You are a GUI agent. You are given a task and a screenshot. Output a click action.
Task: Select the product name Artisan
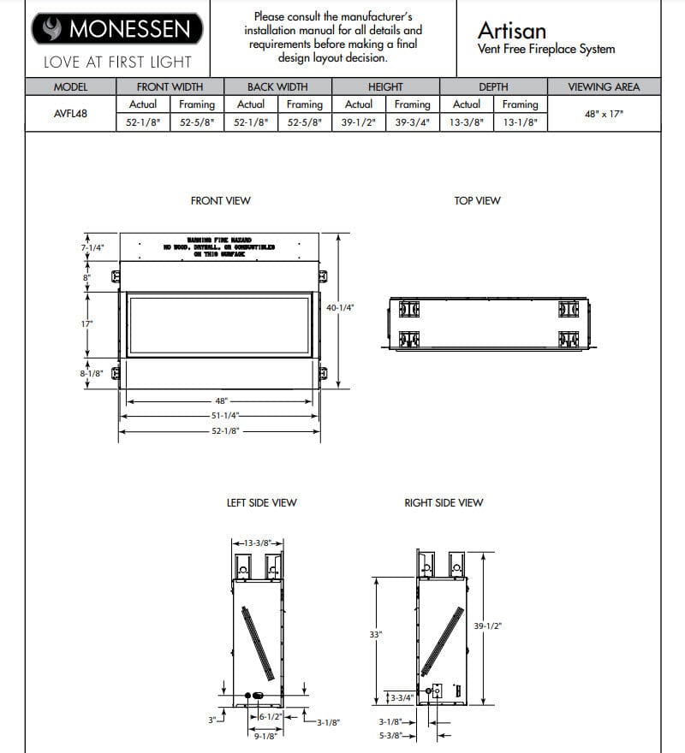click(512, 30)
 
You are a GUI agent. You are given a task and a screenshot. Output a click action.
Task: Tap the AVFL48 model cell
click(69, 113)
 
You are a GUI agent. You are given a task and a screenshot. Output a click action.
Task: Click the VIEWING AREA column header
click(603, 87)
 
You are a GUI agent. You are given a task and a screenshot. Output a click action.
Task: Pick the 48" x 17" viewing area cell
click(603, 113)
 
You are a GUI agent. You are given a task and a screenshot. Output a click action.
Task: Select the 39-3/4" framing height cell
click(412, 122)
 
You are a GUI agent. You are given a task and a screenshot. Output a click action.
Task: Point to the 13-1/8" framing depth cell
click(520, 122)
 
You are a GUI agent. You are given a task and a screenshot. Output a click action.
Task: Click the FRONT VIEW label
click(220, 201)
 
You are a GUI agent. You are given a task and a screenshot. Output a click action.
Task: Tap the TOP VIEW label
click(477, 201)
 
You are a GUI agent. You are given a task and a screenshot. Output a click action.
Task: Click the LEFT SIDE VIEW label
click(261, 503)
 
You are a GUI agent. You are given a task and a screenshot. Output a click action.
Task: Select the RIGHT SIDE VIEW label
click(444, 503)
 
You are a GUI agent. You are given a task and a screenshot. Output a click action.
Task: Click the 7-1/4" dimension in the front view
click(92, 247)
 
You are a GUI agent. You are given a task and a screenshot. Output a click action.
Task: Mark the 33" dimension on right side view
click(374, 635)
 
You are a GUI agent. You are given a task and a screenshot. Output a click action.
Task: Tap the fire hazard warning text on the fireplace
click(219, 247)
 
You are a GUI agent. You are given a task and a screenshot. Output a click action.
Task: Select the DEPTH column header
click(493, 87)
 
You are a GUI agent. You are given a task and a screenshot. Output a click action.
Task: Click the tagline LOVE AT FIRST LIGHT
click(117, 62)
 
